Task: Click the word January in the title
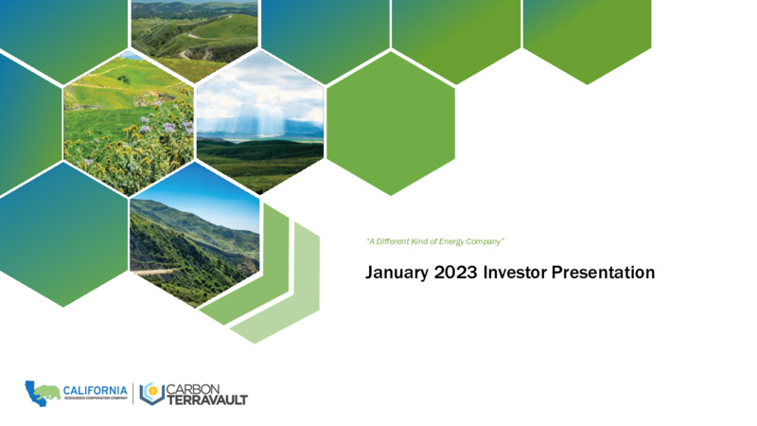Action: [x=390, y=273]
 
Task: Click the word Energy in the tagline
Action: [x=451, y=241]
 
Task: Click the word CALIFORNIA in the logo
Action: [x=96, y=390]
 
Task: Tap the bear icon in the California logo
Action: [x=48, y=392]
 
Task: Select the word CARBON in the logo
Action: [x=193, y=389]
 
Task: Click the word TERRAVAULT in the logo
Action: [x=207, y=399]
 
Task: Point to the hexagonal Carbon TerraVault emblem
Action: [x=151, y=393]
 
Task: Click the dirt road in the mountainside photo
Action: [x=153, y=272]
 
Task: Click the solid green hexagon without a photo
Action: [x=391, y=123]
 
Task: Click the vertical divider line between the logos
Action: [x=133, y=394]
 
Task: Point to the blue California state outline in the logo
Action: [x=33, y=394]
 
